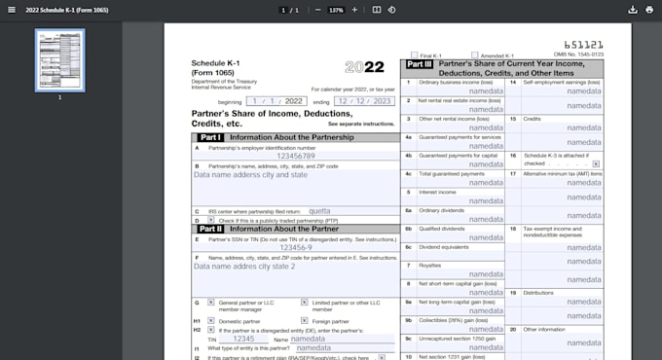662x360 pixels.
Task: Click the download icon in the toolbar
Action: tap(633, 10)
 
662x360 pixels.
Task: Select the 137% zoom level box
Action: tap(336, 10)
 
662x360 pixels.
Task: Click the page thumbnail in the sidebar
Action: tap(60, 59)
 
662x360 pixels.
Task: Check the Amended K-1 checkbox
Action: tap(474, 54)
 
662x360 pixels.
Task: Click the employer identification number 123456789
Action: tap(295, 156)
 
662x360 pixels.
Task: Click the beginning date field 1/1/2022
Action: tap(276, 101)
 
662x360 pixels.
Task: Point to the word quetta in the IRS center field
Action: tap(319, 210)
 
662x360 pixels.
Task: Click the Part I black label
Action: tap(210, 137)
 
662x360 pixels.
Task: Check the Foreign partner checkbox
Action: tap(304, 320)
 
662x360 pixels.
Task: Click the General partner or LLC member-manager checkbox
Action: tap(211, 302)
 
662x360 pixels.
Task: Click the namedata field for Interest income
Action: tap(487, 200)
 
